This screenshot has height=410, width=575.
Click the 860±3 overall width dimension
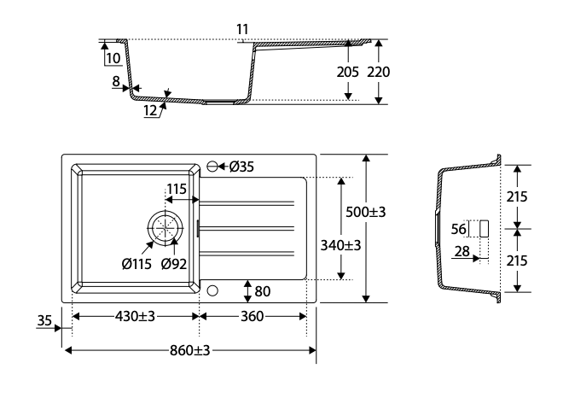coord(189,350)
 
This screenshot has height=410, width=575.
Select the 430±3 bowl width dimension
coord(135,316)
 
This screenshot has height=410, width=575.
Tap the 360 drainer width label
coord(252,316)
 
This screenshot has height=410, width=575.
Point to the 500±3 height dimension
coord(366,212)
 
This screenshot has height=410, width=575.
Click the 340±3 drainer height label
coord(340,245)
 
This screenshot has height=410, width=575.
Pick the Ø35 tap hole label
coord(241,167)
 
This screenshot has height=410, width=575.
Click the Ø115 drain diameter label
coord(136,264)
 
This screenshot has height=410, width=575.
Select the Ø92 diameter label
coord(174,264)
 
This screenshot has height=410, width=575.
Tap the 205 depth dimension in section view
coord(347,72)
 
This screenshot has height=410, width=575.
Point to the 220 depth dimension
coord(379,72)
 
